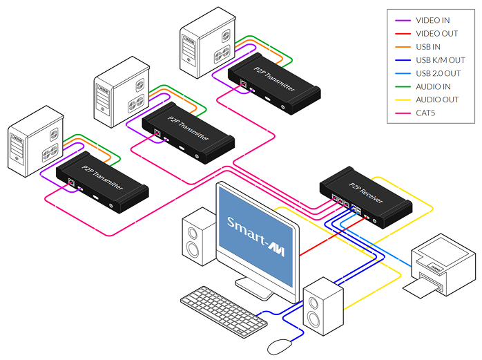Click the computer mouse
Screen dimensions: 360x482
click(280, 344)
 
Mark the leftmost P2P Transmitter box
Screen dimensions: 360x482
click(102, 182)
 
